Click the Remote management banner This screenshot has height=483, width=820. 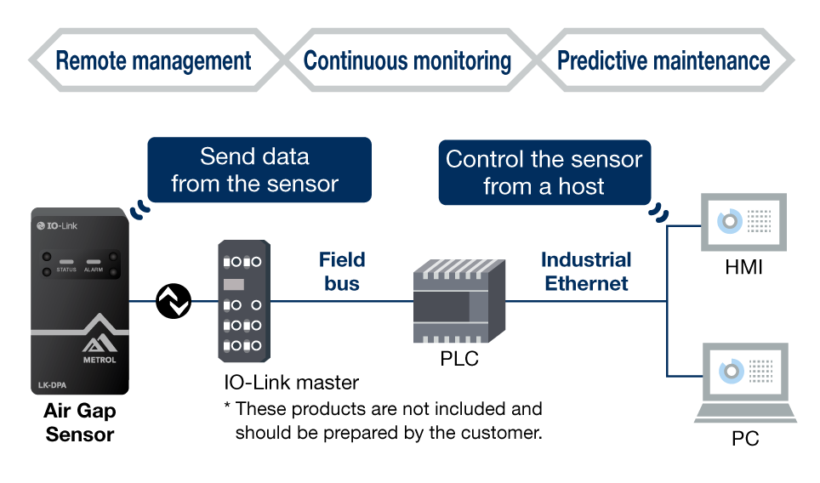[x=153, y=60]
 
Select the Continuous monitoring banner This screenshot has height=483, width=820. [x=407, y=60]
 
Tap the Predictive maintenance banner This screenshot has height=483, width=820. [x=663, y=60]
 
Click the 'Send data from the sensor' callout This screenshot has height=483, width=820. [x=259, y=170]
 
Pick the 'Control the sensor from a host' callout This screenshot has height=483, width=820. [x=544, y=173]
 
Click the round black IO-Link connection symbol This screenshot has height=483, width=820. [x=174, y=301]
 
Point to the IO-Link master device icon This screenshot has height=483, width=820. [x=244, y=301]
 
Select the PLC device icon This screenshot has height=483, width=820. [x=459, y=301]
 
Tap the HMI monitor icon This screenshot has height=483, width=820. [x=743, y=222]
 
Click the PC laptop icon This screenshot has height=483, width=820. [x=745, y=383]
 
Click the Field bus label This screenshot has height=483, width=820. [x=342, y=271]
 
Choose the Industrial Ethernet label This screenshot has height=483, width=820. [x=586, y=271]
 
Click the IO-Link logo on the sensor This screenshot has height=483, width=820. [x=57, y=226]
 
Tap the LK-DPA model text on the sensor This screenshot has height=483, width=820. [x=52, y=385]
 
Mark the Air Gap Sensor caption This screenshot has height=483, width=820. [x=79, y=423]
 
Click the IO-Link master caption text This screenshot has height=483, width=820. [x=291, y=383]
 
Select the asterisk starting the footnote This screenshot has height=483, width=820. [x=227, y=406]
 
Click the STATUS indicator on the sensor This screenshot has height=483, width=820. [x=66, y=264]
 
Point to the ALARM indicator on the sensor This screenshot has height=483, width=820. [x=94, y=264]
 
